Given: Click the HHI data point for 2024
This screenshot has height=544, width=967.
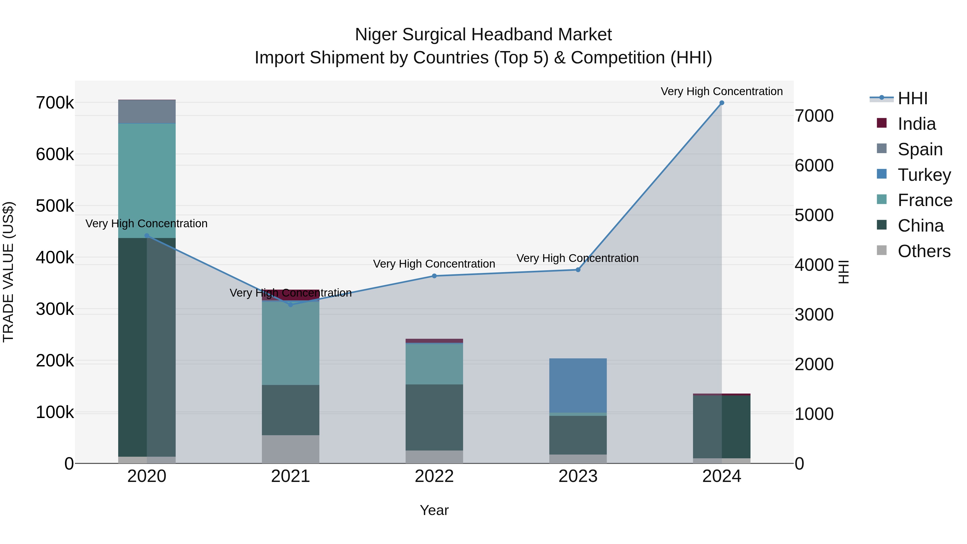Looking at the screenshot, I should pyautogui.click(x=721, y=103).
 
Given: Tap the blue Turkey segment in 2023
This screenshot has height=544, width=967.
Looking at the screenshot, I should pyautogui.click(x=578, y=385).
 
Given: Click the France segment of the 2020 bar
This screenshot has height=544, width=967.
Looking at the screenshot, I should pyautogui.click(x=147, y=180).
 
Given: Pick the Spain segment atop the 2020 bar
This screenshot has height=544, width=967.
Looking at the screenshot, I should pyautogui.click(x=147, y=111).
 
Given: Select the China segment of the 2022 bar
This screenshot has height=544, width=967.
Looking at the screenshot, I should pyautogui.click(x=434, y=417).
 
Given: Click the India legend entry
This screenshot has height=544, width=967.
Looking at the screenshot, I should pyautogui.click(x=916, y=124).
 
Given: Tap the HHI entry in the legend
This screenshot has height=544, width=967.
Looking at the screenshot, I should pyautogui.click(x=912, y=98).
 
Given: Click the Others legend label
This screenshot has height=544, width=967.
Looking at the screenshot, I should pyautogui.click(x=924, y=251).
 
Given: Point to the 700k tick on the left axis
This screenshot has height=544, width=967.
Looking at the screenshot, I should pyautogui.click(x=55, y=103).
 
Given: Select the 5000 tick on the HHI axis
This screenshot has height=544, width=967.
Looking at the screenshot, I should pyautogui.click(x=814, y=215).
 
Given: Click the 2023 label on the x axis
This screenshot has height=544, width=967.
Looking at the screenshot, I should pyautogui.click(x=578, y=476).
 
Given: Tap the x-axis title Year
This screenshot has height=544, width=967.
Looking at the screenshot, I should pyautogui.click(x=434, y=510).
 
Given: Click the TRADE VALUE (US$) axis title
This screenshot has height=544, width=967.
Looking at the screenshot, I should pyautogui.click(x=8, y=272).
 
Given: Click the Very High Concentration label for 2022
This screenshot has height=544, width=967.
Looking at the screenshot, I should pyautogui.click(x=434, y=264).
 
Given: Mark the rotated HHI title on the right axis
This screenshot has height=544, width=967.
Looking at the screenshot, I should pyautogui.click(x=843, y=272).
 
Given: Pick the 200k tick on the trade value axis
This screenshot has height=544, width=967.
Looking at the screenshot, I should pyautogui.click(x=55, y=361).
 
